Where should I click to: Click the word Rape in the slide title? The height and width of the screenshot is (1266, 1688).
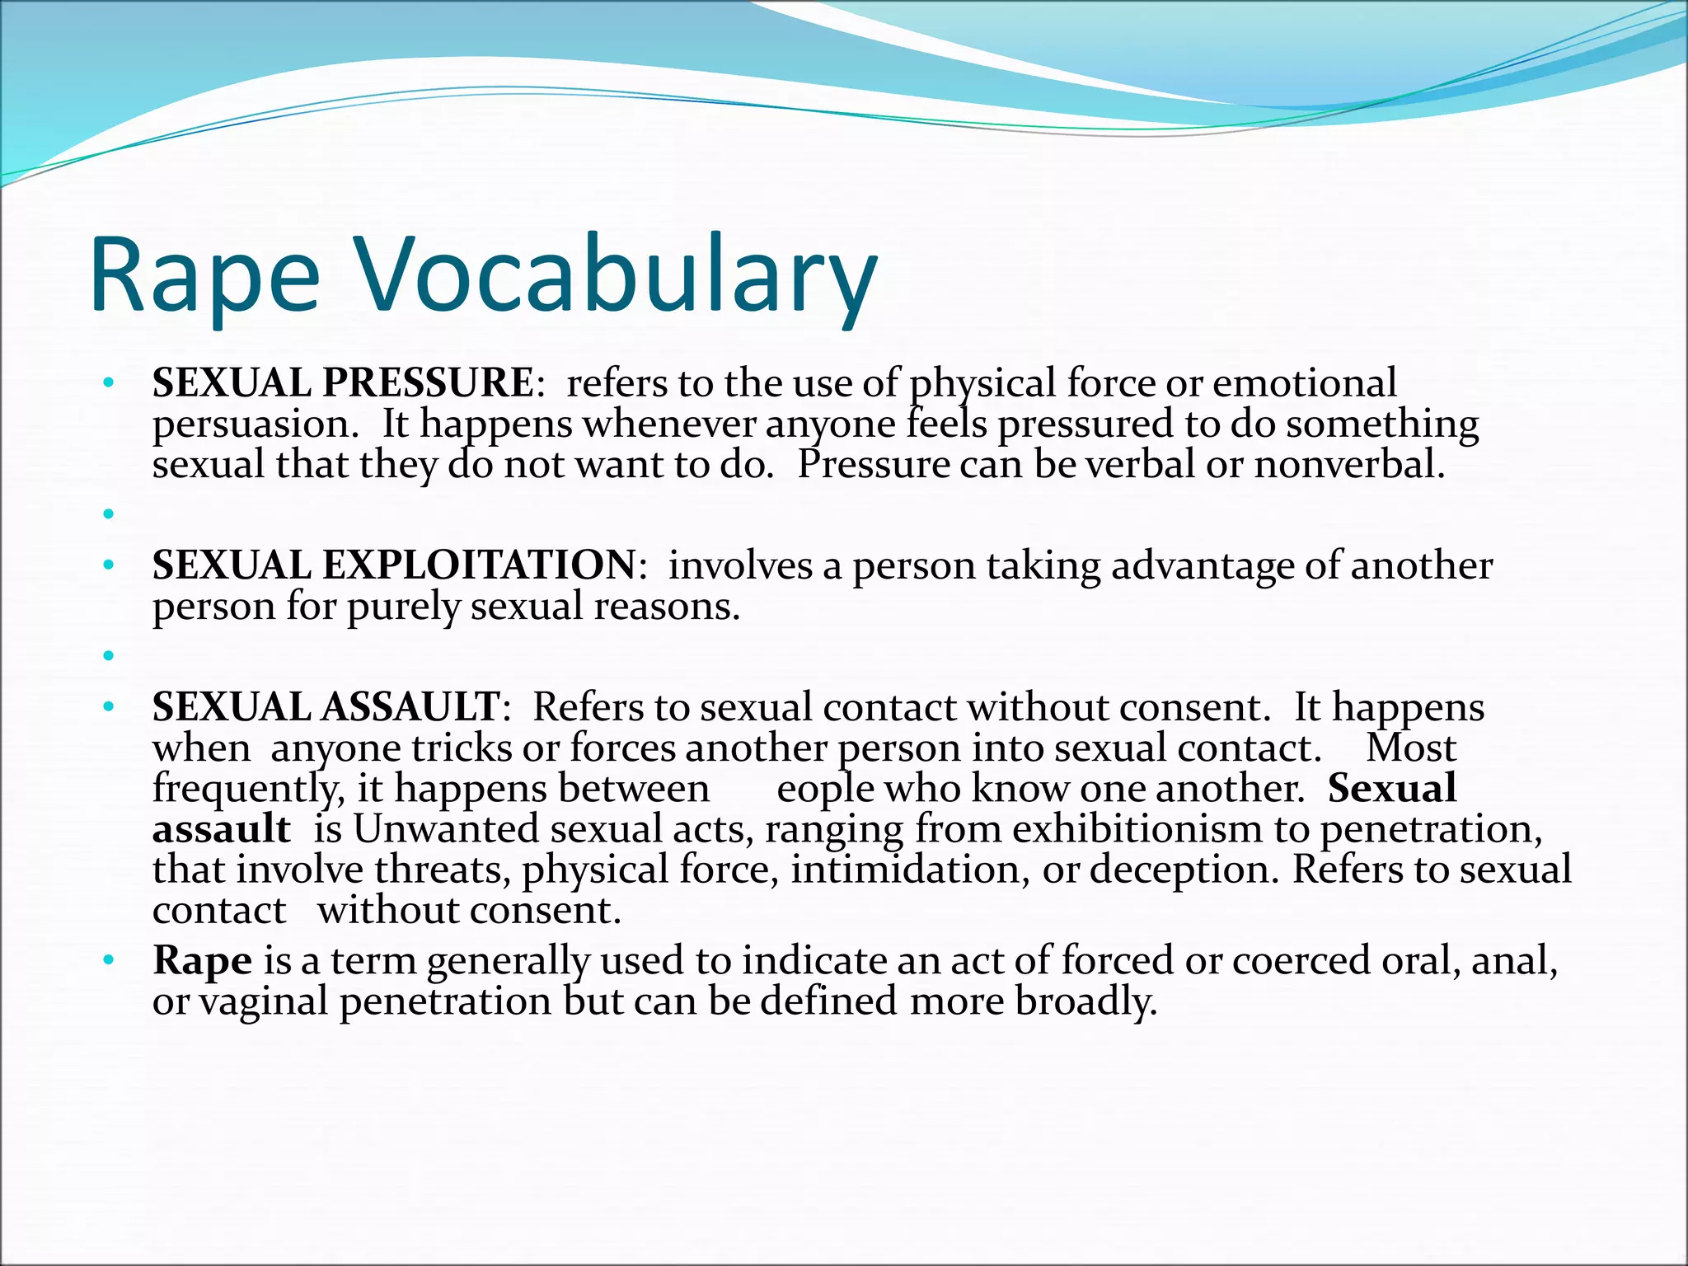pyautogui.click(x=204, y=276)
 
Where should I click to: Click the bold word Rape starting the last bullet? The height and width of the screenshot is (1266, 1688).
pyautogui.click(x=202, y=961)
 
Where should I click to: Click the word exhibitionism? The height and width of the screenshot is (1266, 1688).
pyautogui.click(x=1137, y=829)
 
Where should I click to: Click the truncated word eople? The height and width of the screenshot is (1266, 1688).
pyautogui.click(x=825, y=789)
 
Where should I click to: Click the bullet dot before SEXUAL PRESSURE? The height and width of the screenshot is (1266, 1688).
pyautogui.click(x=107, y=384)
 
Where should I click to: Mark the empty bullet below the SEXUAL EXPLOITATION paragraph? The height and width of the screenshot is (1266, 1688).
pyautogui.click(x=107, y=656)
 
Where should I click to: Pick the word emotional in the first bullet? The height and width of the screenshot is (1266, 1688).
pyautogui.click(x=1305, y=383)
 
